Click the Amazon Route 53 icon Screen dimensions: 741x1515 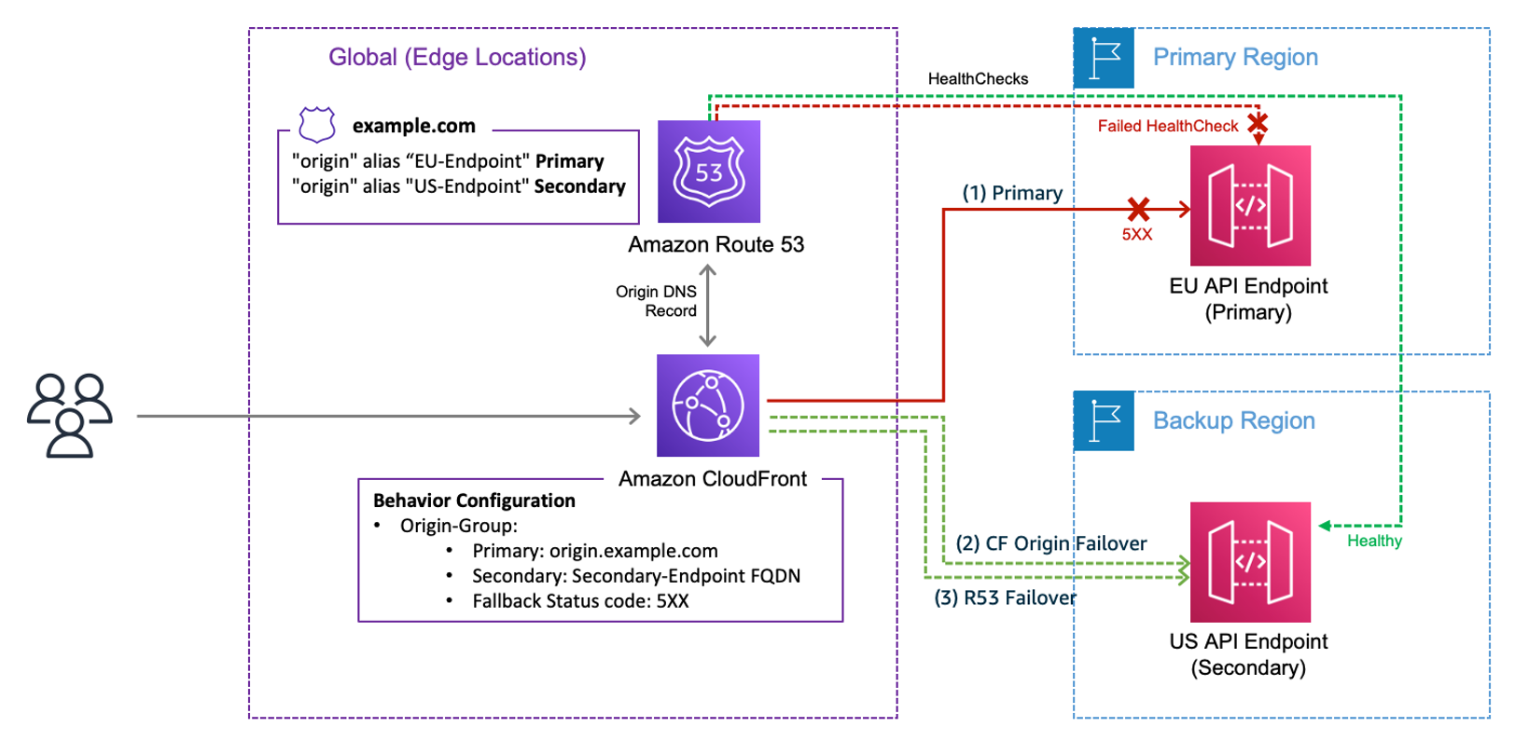click(x=709, y=172)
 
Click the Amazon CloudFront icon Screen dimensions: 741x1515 click(x=708, y=405)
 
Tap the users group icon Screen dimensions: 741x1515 click(x=70, y=415)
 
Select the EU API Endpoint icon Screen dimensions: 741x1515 click(x=1250, y=205)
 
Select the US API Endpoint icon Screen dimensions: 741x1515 click(x=1250, y=562)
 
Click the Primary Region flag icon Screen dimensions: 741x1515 click(x=1104, y=58)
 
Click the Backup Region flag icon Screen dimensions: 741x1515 click(x=1104, y=420)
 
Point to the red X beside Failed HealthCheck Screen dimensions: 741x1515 click(x=1258, y=123)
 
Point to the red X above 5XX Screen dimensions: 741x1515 click(x=1138, y=209)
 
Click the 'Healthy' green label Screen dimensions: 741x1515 click(x=1374, y=541)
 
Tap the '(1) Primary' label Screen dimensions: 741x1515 click(x=1012, y=193)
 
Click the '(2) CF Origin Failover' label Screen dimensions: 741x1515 click(x=1051, y=543)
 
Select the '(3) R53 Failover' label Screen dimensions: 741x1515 click(x=1006, y=597)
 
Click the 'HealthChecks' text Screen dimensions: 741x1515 click(x=978, y=79)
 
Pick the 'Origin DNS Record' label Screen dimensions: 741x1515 click(x=657, y=301)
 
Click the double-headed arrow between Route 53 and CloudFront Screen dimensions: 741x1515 click(x=708, y=306)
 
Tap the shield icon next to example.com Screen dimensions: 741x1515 click(x=317, y=124)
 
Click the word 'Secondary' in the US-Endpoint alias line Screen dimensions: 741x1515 click(x=579, y=186)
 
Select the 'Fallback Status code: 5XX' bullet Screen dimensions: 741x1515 click(x=580, y=601)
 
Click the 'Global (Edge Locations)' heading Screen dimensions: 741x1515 click(x=457, y=57)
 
